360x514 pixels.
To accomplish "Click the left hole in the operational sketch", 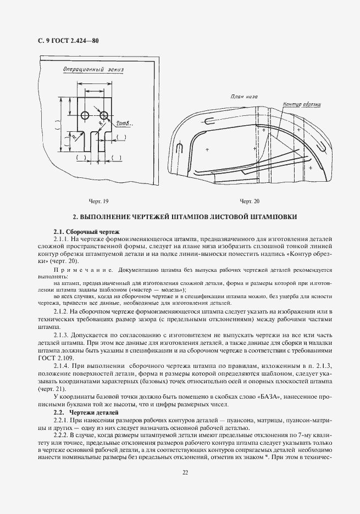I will click(x=85, y=115).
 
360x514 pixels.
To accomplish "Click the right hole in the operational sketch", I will click(x=104, y=115).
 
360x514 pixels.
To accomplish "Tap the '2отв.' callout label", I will click(x=123, y=124).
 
